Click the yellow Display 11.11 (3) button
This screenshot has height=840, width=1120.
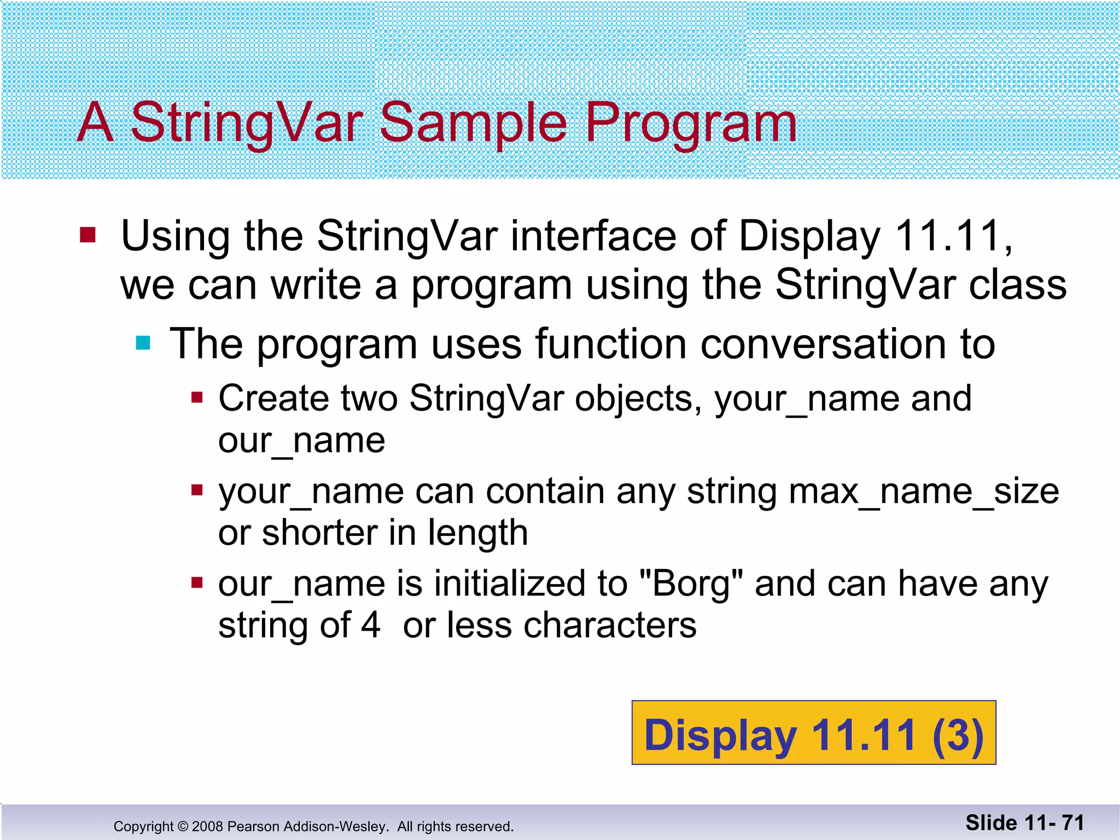(814, 733)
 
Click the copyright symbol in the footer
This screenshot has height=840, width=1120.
(183, 826)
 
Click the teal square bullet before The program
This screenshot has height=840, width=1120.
(143, 343)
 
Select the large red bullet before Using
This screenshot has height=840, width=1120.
(87, 235)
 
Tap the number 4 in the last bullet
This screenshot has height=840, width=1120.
(371, 625)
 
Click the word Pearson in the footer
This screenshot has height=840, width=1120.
(252, 826)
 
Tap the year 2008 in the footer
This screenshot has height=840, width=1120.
(208, 826)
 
